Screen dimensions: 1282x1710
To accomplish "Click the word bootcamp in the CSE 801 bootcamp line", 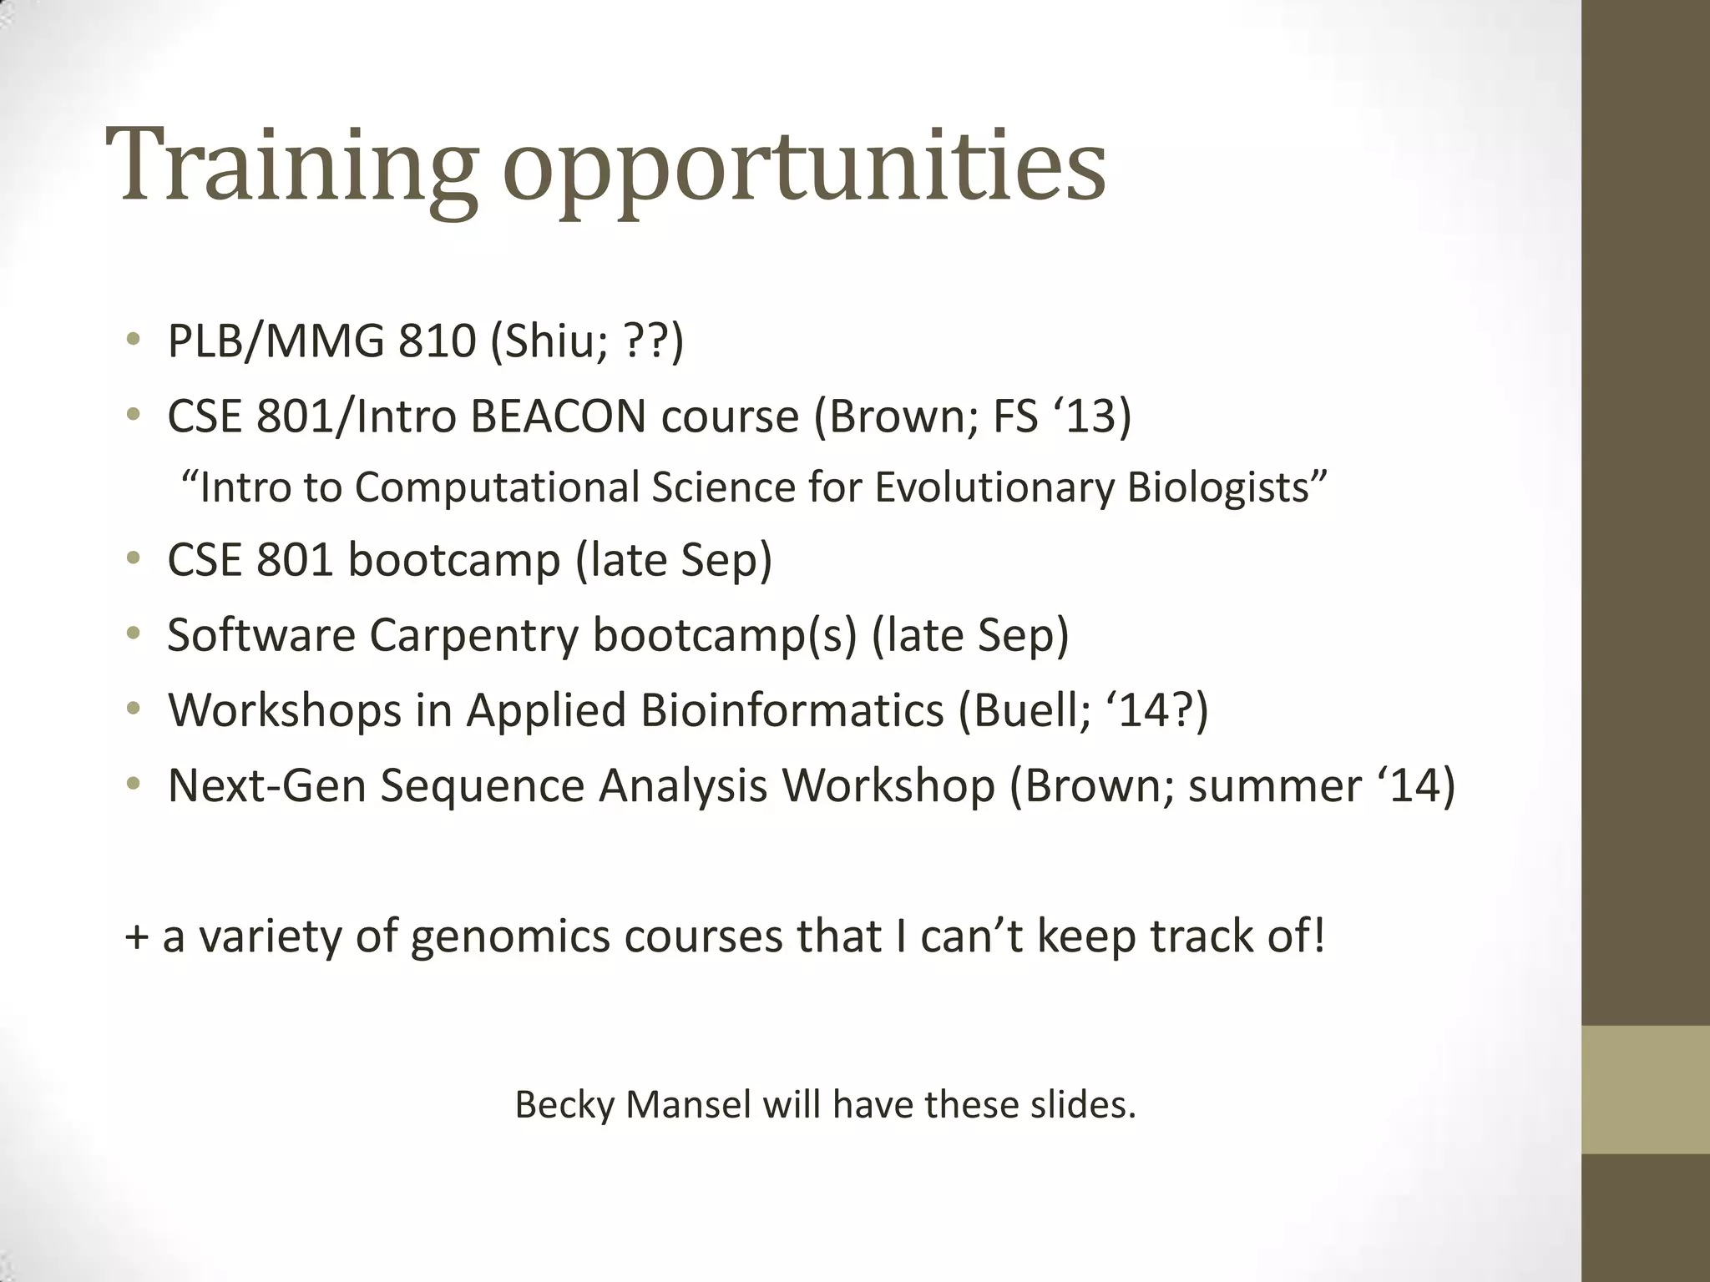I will tap(453, 560).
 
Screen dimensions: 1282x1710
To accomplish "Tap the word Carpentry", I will tap(473, 635).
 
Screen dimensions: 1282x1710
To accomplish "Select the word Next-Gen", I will tap(266, 786).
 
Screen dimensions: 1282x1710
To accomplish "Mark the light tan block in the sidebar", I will tap(1645, 1089).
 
